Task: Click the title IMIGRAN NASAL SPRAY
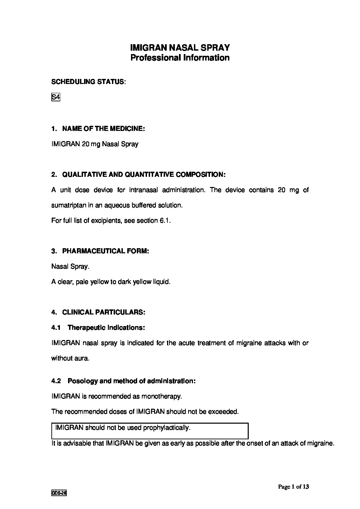tap(180, 47)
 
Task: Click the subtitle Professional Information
tap(180, 58)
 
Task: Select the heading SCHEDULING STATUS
tap(87, 82)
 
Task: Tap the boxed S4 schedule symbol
tap(55, 97)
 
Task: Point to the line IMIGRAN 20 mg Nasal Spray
tap(95, 144)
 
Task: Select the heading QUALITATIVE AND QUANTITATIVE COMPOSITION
tap(138, 175)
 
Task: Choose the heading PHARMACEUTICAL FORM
tap(100, 251)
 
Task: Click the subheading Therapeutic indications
tap(106, 328)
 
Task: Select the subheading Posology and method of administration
tap(132, 381)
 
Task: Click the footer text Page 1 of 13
tap(293, 487)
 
